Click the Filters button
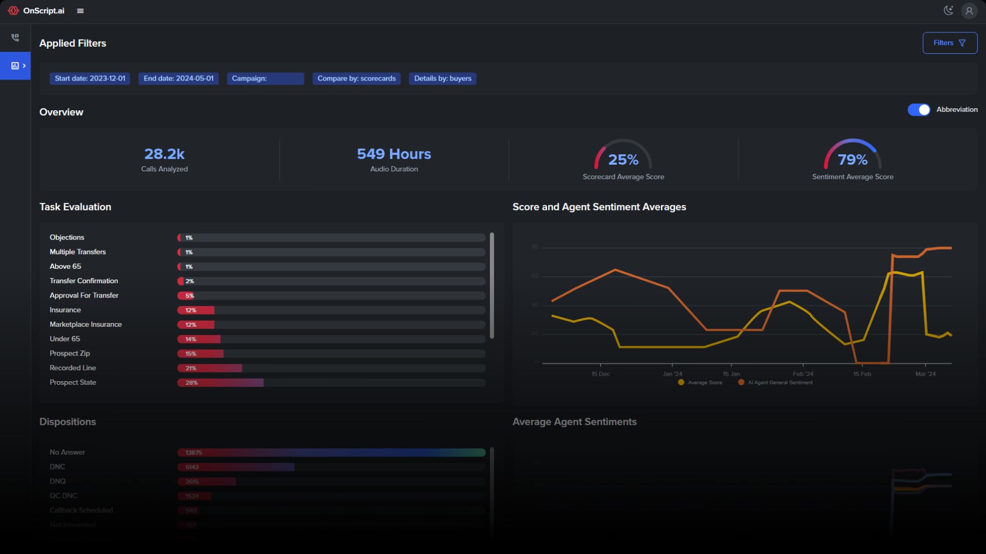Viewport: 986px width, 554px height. (x=950, y=43)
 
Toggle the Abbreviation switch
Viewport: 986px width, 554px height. (x=919, y=110)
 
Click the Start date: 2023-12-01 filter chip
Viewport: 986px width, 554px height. (x=90, y=78)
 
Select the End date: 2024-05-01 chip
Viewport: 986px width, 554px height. (x=178, y=78)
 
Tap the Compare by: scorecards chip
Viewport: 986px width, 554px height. (x=356, y=78)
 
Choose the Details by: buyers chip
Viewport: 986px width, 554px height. (x=443, y=78)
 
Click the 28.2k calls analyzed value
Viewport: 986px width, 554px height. (x=164, y=154)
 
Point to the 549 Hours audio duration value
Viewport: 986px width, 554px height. (x=394, y=154)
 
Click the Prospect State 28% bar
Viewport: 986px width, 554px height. (x=221, y=383)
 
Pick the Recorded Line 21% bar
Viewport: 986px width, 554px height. (x=210, y=368)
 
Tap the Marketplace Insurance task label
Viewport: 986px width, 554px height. (x=86, y=325)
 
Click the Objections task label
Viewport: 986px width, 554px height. (x=67, y=238)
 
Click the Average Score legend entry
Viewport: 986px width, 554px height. (x=701, y=383)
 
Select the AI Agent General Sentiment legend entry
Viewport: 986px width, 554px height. (x=776, y=383)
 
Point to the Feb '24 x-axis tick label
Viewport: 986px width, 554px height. (x=803, y=374)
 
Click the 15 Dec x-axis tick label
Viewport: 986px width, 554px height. (x=600, y=374)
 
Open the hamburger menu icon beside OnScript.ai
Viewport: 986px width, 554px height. (x=80, y=11)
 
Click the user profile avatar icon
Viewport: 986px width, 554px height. (x=969, y=11)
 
